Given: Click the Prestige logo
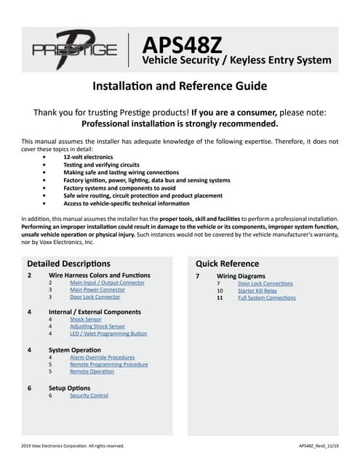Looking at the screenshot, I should [74, 49].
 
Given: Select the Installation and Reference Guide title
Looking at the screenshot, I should [180, 86].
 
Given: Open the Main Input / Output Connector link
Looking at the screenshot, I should [107, 283].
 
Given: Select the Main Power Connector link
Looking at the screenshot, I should [97, 290].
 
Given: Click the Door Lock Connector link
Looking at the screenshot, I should [95, 297].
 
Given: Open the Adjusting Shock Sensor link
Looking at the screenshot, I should [97, 326].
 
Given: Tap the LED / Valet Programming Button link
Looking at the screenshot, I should [108, 333].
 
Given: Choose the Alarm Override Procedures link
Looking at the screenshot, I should [102, 357].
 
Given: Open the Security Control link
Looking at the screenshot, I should [89, 395].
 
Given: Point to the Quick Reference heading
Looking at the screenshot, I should [227, 263].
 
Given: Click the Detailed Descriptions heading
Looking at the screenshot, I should [68, 263].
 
